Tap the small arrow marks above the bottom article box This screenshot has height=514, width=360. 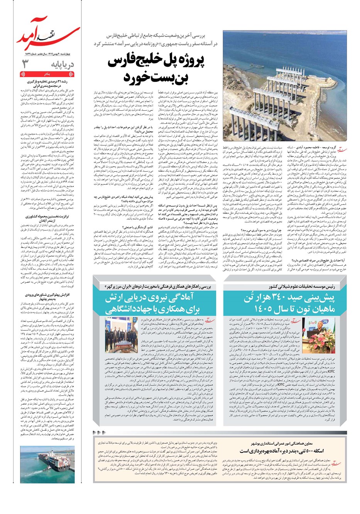100,433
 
